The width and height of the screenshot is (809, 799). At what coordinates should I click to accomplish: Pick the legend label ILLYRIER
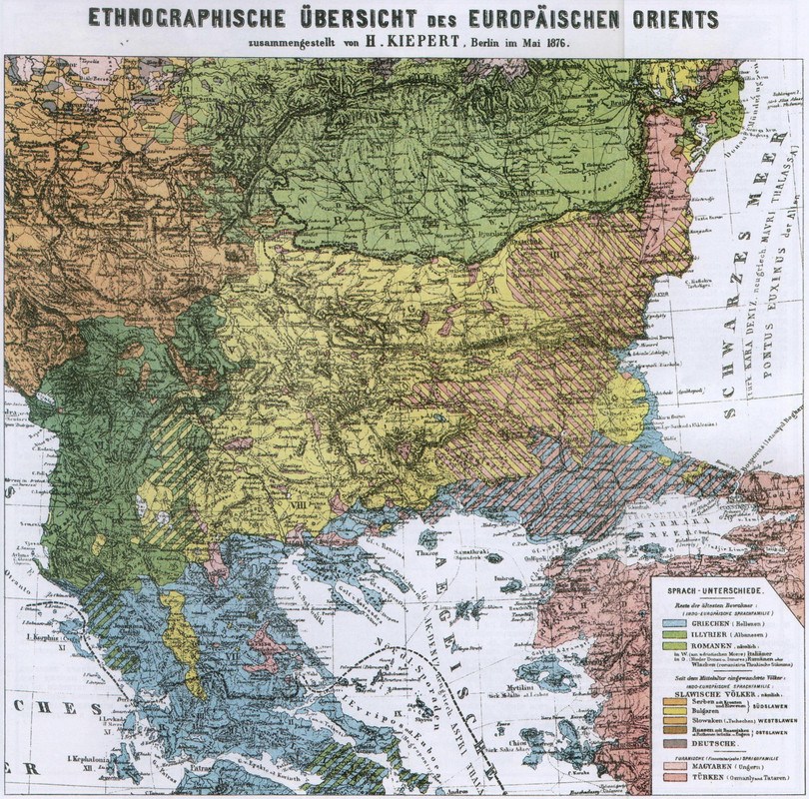[717, 633]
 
